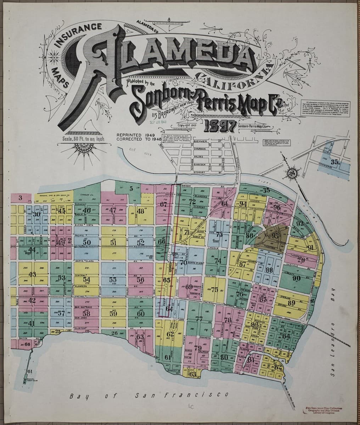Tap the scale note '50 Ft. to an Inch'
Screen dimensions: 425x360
[x=83, y=139]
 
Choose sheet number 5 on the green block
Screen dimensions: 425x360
[x=131, y=189]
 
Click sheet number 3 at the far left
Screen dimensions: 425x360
[x=21, y=198]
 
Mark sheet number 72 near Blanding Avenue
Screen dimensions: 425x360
[x=192, y=202]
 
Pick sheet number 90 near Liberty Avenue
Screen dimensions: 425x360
[x=296, y=278]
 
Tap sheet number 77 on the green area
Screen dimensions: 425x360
[x=199, y=319]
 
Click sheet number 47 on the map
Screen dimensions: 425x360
[x=113, y=210]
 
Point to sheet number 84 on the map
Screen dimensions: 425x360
[x=286, y=335]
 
